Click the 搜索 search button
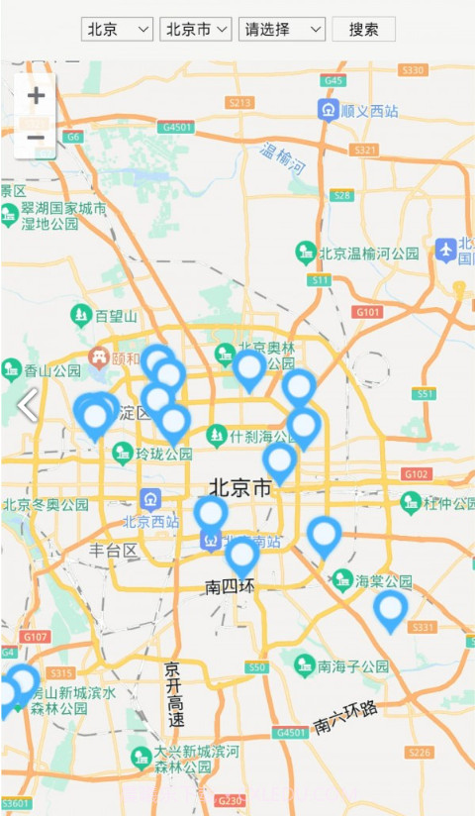[363, 29]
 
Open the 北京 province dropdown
[117, 29]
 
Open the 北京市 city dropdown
[195, 29]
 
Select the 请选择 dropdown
[282, 29]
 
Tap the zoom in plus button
[36, 96]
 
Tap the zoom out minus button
[36, 138]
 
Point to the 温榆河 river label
[282, 159]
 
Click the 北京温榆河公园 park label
[369, 254]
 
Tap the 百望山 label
[116, 316]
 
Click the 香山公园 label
[51, 370]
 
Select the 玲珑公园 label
[163, 454]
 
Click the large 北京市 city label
[240, 487]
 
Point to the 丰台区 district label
[112, 550]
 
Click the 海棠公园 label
[383, 579]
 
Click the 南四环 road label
[230, 586]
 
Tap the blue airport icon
[445, 250]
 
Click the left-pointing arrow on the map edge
[27, 405]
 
